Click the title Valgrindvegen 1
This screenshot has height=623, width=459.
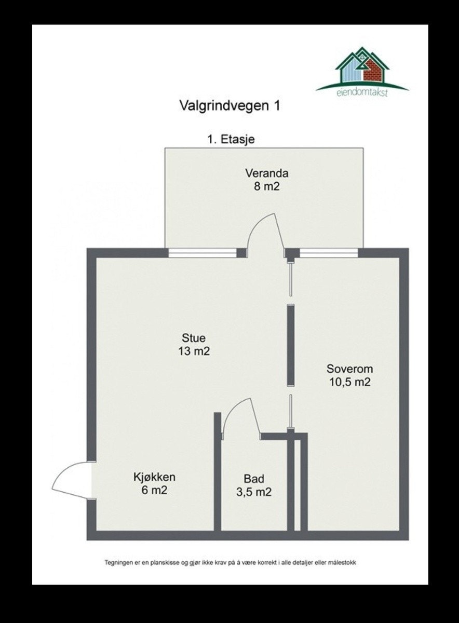pyautogui.click(x=230, y=106)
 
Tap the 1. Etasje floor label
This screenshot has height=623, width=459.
pyautogui.click(x=231, y=139)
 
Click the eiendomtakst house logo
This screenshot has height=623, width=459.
pyautogui.click(x=362, y=70)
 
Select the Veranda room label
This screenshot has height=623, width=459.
pyautogui.click(x=267, y=173)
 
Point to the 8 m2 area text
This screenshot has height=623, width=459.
pyautogui.click(x=267, y=186)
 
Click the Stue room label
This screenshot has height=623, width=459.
pyautogui.click(x=193, y=339)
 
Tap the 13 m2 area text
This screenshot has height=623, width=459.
pyautogui.click(x=193, y=351)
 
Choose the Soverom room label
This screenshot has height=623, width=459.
pyautogui.click(x=349, y=370)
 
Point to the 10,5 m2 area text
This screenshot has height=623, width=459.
pyautogui.click(x=349, y=383)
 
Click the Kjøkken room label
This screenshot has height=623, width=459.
pyautogui.click(x=154, y=477)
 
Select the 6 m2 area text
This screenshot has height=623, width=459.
pyautogui.click(x=154, y=490)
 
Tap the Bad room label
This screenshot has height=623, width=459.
pyautogui.click(x=254, y=479)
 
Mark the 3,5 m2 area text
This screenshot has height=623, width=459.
pyautogui.click(x=254, y=492)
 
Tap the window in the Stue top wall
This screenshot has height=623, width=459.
pyautogui.click(x=203, y=253)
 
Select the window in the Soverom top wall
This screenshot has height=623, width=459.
pyautogui.click(x=329, y=253)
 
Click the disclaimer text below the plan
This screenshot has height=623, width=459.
pyautogui.click(x=230, y=562)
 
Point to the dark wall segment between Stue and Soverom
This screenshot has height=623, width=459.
pyautogui.click(x=291, y=345)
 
